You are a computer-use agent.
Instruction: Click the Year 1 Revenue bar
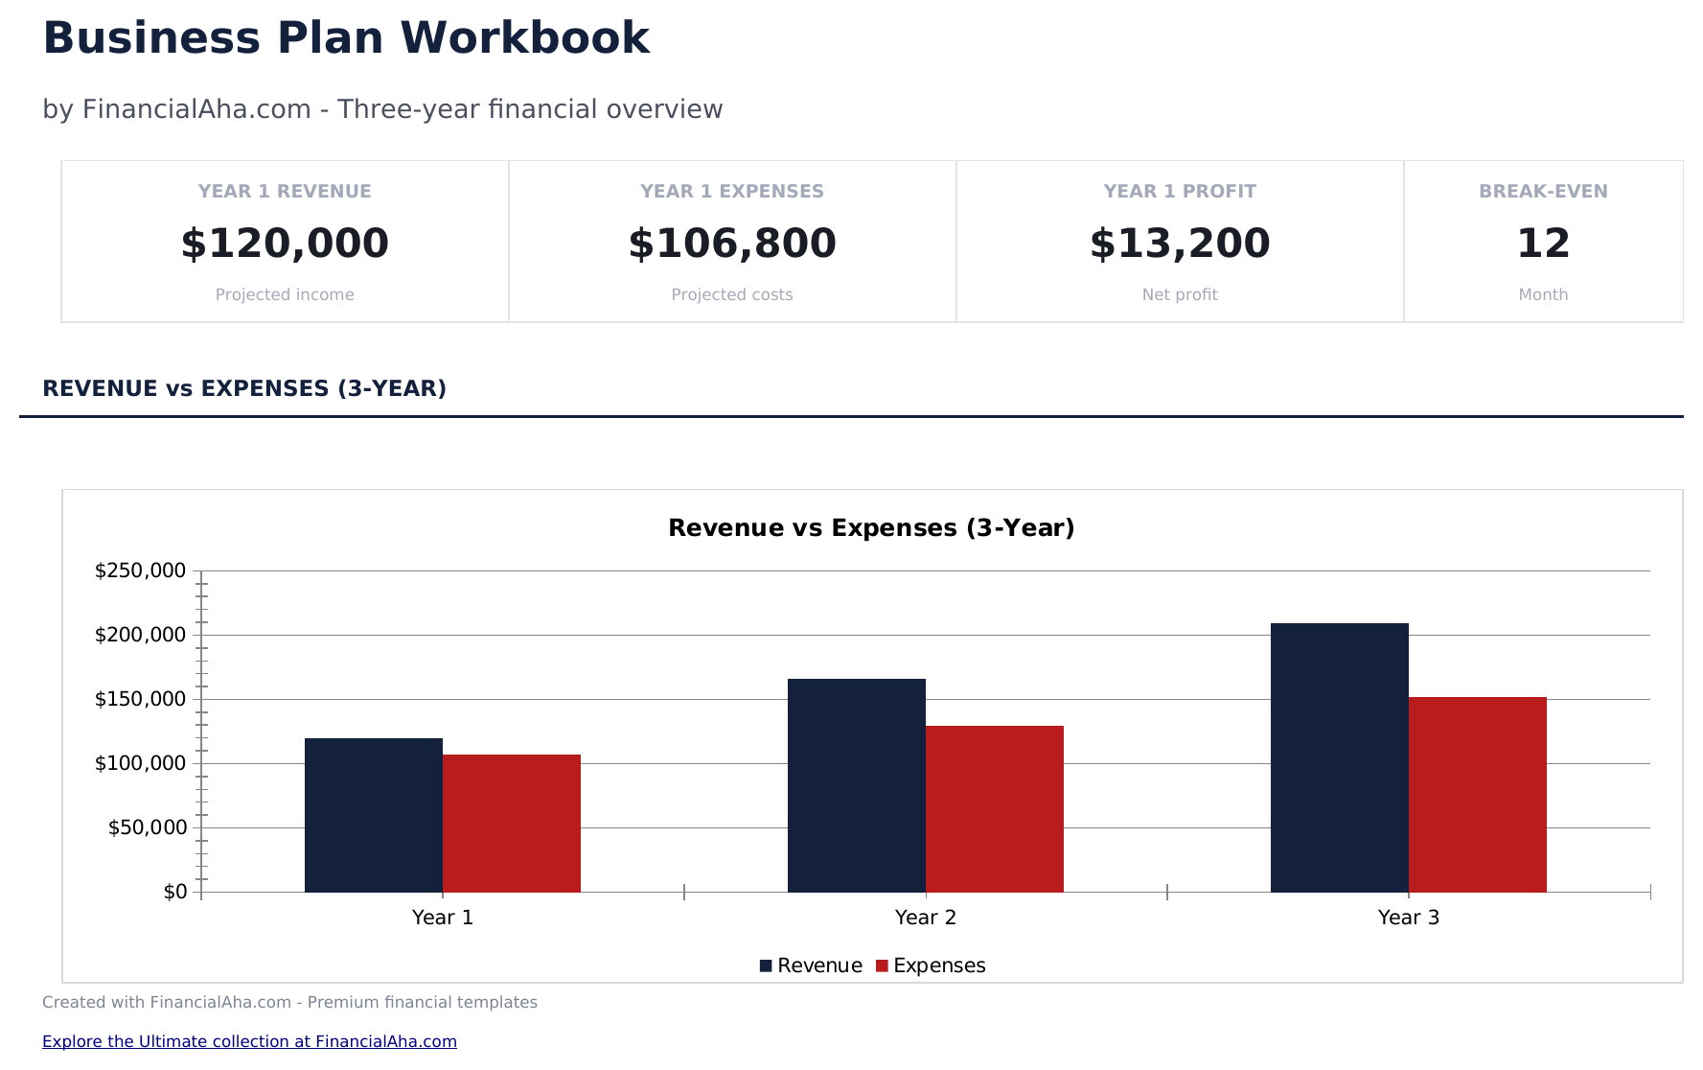pyautogui.click(x=374, y=815)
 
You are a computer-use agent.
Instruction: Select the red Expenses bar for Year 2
pyautogui.click(x=995, y=809)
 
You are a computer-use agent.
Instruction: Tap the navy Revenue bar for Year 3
pyautogui.click(x=1340, y=757)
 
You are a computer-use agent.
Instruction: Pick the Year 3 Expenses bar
pyautogui.click(x=1478, y=795)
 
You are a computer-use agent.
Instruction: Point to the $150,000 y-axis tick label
pyautogui.click(x=140, y=699)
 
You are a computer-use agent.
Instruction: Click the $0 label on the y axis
pyautogui.click(x=175, y=892)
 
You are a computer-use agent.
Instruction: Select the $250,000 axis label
pyautogui.click(x=140, y=570)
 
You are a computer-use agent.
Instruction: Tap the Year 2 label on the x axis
pyautogui.click(x=926, y=918)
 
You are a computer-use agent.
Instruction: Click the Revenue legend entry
pyautogui.click(x=811, y=965)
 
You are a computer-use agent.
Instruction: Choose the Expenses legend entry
pyautogui.click(x=932, y=965)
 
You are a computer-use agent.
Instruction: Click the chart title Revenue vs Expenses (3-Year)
pyautogui.click(x=871, y=528)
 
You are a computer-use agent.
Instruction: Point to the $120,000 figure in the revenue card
pyautogui.click(x=285, y=244)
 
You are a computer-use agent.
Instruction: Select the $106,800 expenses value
pyautogui.click(x=732, y=244)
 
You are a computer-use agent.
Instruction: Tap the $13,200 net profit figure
pyautogui.click(x=1180, y=244)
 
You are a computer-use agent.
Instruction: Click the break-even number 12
pyautogui.click(x=1543, y=244)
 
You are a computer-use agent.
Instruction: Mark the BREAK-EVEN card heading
pyautogui.click(x=1543, y=191)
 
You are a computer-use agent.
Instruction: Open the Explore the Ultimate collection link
pyautogui.click(x=249, y=1041)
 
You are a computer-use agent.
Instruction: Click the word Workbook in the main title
pyautogui.click(x=524, y=38)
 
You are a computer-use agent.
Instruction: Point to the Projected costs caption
pyautogui.click(x=732, y=294)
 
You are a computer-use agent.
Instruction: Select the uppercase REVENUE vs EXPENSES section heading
pyautogui.click(x=244, y=388)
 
